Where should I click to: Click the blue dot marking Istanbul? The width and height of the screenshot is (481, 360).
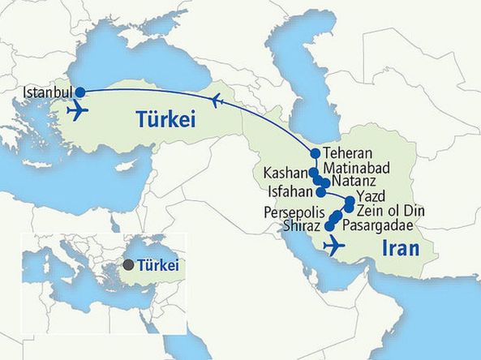tap(80, 92)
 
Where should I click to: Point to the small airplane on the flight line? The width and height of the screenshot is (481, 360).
tap(215, 101)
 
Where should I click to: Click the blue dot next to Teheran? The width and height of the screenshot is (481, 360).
tap(315, 153)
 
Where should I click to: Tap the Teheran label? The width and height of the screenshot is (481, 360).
tap(346, 152)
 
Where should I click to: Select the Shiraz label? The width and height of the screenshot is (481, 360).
tap(303, 225)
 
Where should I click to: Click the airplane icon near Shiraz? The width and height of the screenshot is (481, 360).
tap(333, 244)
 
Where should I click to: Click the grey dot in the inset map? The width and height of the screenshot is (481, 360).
tap(128, 264)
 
